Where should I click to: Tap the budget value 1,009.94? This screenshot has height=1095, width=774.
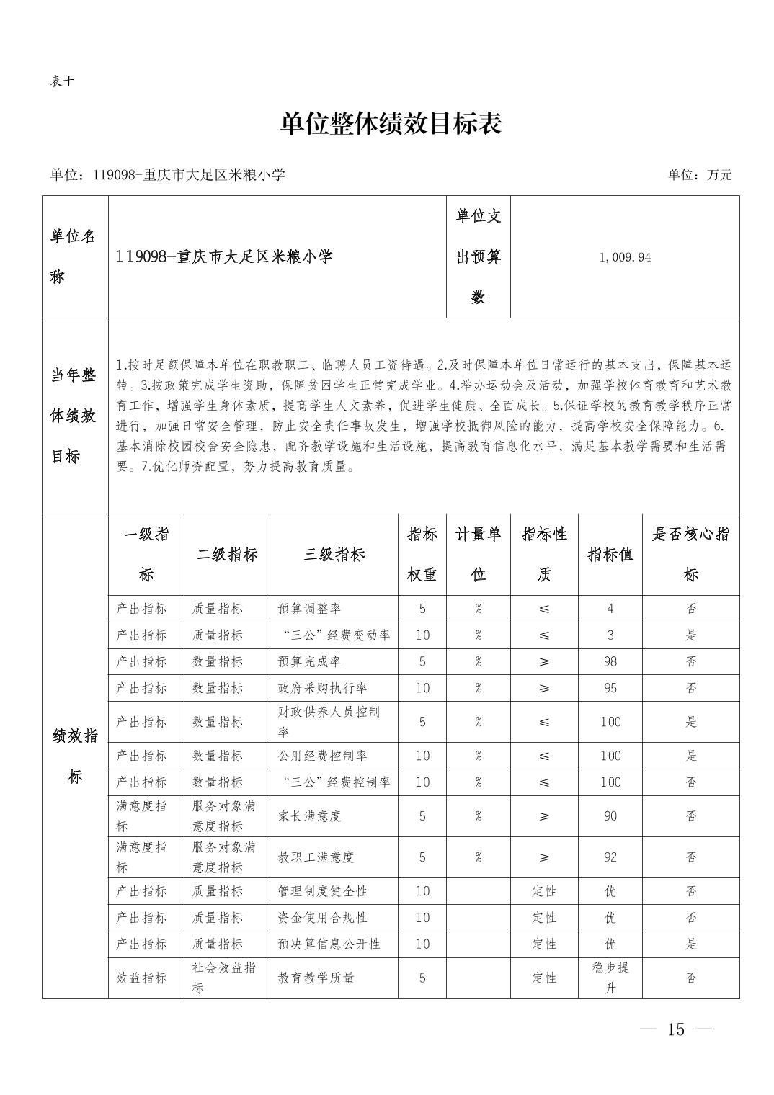[x=624, y=257]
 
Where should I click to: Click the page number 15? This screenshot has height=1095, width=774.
[x=675, y=1029]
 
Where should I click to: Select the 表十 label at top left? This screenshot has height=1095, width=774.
[x=62, y=81]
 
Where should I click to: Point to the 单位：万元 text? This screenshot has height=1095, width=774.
[x=699, y=175]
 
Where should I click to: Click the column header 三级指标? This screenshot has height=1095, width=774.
[x=334, y=555]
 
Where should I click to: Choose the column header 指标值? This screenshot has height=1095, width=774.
[x=610, y=555]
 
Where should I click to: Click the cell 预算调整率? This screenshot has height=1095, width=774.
[x=309, y=609]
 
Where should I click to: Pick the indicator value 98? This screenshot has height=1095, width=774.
[x=610, y=661]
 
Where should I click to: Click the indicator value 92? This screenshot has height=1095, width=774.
[x=610, y=857]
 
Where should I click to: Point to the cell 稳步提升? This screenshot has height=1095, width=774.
[x=610, y=978]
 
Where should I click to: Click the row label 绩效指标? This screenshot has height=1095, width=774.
[x=75, y=756]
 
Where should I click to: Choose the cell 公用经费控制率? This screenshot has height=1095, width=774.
[x=322, y=756]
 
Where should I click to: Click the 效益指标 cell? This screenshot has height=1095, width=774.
[x=141, y=978]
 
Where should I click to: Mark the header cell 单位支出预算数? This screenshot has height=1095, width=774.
[x=479, y=256]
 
